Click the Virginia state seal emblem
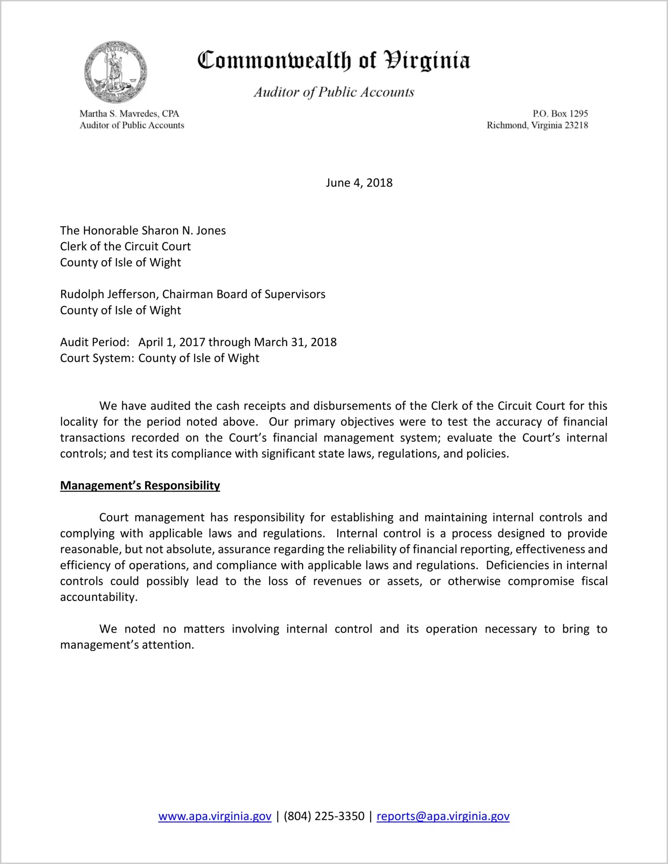click(115, 72)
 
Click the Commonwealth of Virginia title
click(334, 60)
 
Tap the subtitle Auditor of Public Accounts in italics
click(334, 92)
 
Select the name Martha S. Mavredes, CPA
click(129, 114)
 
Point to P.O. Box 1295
click(560, 114)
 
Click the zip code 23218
click(576, 125)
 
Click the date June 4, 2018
click(359, 183)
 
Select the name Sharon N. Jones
click(183, 231)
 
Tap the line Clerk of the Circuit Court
click(125, 247)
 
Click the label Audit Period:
click(95, 342)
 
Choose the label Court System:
click(97, 358)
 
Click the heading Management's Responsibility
click(140, 486)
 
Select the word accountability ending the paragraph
click(98, 597)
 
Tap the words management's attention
click(127, 645)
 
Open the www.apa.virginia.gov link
click(215, 817)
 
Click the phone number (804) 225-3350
click(324, 817)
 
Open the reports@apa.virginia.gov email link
click(443, 817)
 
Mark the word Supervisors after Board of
click(295, 294)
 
